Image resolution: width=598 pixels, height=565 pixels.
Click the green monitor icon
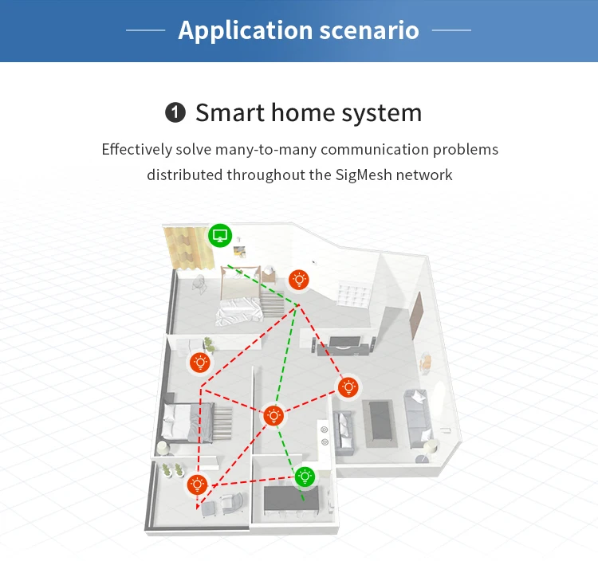221,236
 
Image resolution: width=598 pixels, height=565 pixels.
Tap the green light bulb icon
305,477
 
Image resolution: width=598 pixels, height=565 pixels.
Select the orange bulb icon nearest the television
348,388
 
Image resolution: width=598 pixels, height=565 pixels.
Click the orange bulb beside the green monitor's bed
299,280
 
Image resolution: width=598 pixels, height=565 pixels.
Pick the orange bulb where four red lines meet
273,415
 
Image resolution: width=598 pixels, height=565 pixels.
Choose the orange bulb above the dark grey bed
199,363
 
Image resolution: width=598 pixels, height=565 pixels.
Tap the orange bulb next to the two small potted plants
197,484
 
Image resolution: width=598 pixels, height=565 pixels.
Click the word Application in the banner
234,30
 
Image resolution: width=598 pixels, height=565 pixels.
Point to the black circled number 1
175,113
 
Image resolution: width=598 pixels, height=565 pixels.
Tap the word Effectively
136,149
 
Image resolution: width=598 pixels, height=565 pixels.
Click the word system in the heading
381,113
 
